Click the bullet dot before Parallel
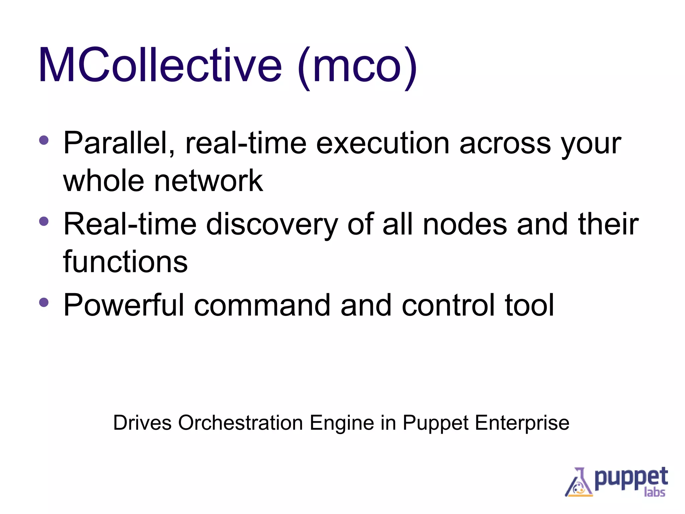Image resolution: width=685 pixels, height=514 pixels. point(44,140)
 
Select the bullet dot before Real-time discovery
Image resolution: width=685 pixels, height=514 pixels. point(44,221)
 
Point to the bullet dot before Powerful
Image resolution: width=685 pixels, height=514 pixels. point(44,302)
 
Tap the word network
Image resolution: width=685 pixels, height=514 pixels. point(208,181)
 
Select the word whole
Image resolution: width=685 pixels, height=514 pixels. point(104,181)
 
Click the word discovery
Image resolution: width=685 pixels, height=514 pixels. point(272,225)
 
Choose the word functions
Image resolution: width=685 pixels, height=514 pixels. point(125,262)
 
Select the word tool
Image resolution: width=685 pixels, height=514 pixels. point(529,305)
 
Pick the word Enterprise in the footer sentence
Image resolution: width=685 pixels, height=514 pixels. point(522,423)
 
